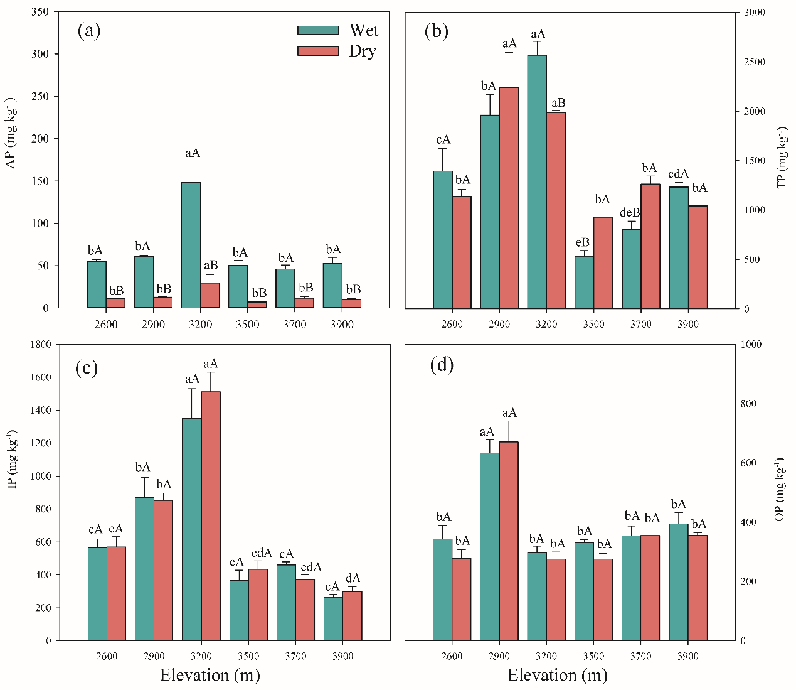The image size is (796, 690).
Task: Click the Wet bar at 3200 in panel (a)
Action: click(x=191, y=245)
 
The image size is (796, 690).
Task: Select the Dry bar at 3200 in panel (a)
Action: click(x=210, y=295)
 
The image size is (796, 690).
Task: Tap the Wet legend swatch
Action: click(x=318, y=30)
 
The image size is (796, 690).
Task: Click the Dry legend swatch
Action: click(x=318, y=51)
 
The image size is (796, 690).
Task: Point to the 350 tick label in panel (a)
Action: click(x=40, y=12)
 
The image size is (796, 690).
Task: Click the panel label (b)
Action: click(x=437, y=31)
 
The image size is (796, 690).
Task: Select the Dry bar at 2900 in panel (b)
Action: click(x=509, y=198)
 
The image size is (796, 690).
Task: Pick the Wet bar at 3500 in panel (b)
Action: click(x=584, y=282)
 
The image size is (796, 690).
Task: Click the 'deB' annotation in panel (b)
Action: click(x=630, y=213)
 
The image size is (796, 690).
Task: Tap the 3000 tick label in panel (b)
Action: click(x=753, y=13)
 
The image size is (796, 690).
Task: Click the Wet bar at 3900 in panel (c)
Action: click(x=333, y=618)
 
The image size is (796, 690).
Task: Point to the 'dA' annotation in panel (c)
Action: click(x=353, y=578)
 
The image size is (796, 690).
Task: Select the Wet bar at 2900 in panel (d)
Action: click(x=489, y=546)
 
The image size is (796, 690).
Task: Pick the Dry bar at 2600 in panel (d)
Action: click(x=462, y=599)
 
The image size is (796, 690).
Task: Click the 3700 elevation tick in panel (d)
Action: click(x=640, y=656)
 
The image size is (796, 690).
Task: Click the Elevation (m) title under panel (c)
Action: click(x=210, y=676)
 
